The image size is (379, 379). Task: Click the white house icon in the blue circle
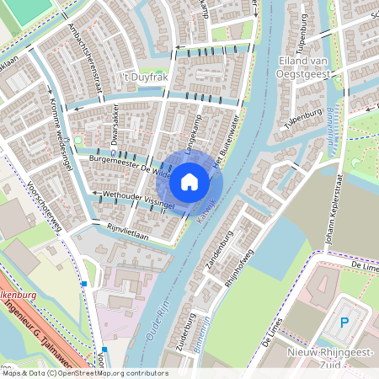[189, 181]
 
